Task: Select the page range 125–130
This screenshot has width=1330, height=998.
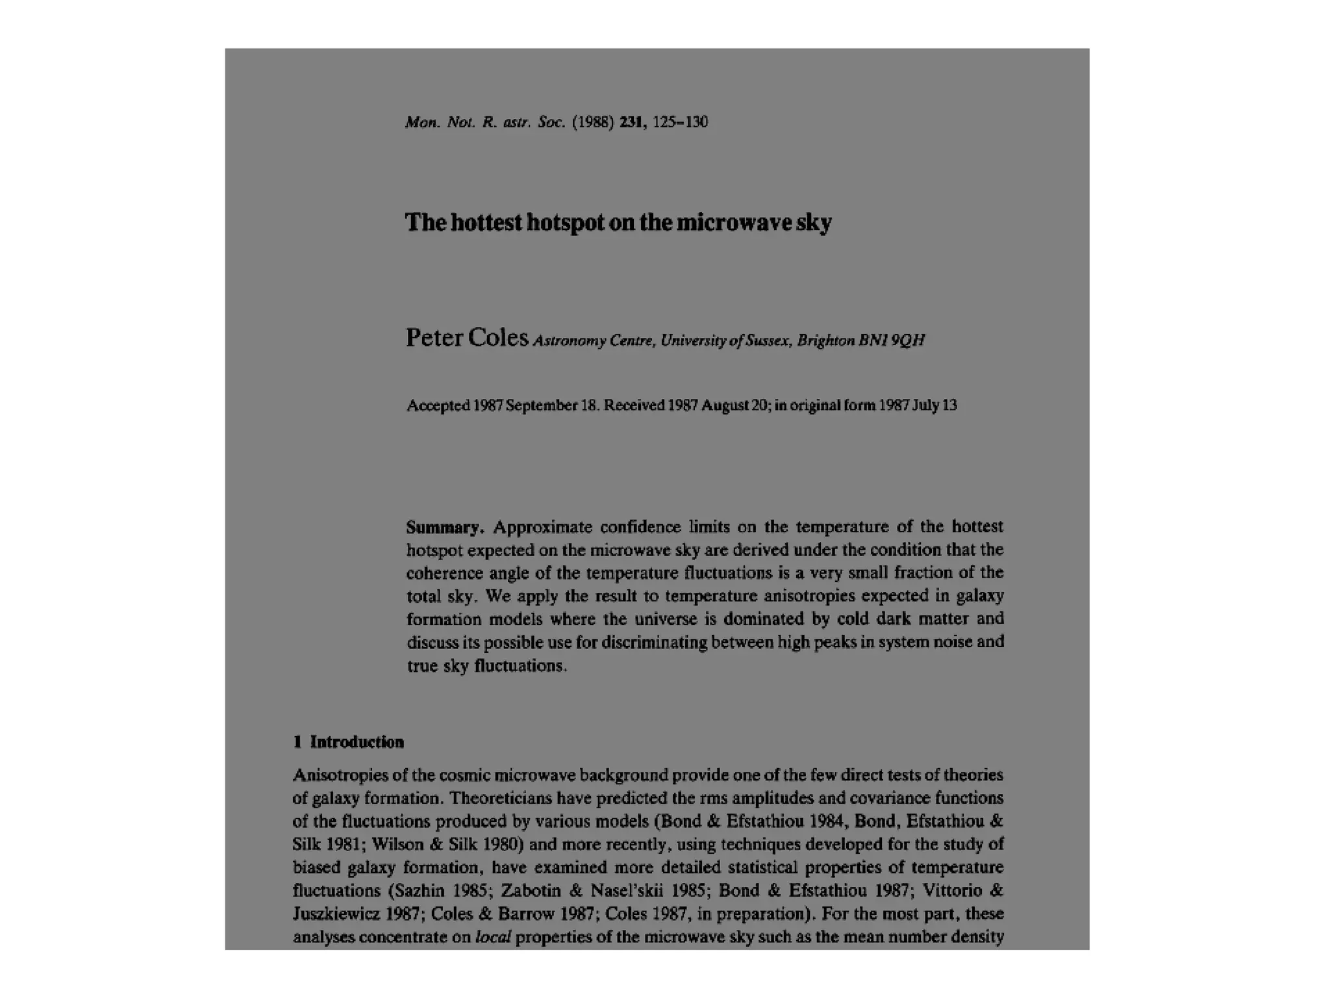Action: click(x=680, y=122)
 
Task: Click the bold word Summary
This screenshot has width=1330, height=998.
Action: click(x=445, y=527)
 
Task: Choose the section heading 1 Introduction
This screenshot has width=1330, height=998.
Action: click(x=349, y=742)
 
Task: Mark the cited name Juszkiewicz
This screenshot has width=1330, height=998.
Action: click(x=335, y=914)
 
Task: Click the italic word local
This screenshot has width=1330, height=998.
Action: click(x=493, y=937)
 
